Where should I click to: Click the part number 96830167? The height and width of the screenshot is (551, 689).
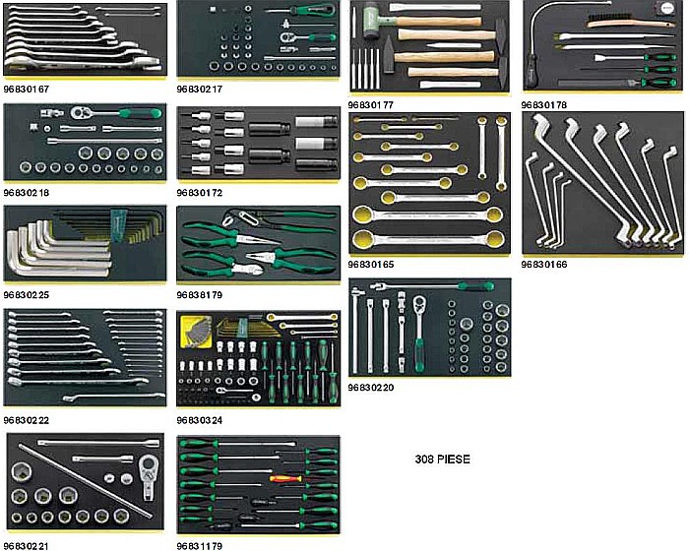pyautogui.click(x=26, y=88)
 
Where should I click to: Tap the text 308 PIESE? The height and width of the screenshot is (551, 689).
pyautogui.click(x=443, y=459)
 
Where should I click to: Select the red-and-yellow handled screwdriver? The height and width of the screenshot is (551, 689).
pyautogui.click(x=286, y=480)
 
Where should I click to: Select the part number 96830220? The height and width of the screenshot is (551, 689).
pyautogui.click(x=371, y=387)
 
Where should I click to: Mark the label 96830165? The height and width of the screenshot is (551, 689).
pyautogui.click(x=371, y=264)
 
